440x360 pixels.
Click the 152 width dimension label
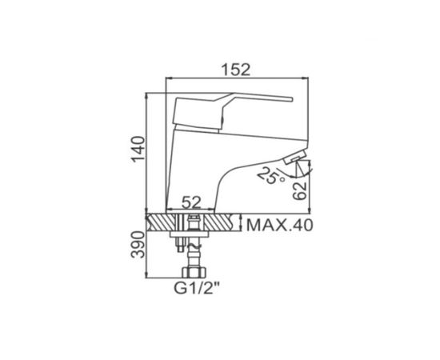(235, 70)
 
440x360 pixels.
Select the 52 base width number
(192, 202)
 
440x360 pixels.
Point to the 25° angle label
(270, 176)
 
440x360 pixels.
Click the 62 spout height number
(299, 191)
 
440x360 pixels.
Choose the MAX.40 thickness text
(279, 225)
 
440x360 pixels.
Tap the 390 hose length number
(138, 245)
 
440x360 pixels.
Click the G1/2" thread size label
(196, 288)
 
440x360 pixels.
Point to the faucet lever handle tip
(291, 99)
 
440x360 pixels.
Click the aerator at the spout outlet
(295, 157)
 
